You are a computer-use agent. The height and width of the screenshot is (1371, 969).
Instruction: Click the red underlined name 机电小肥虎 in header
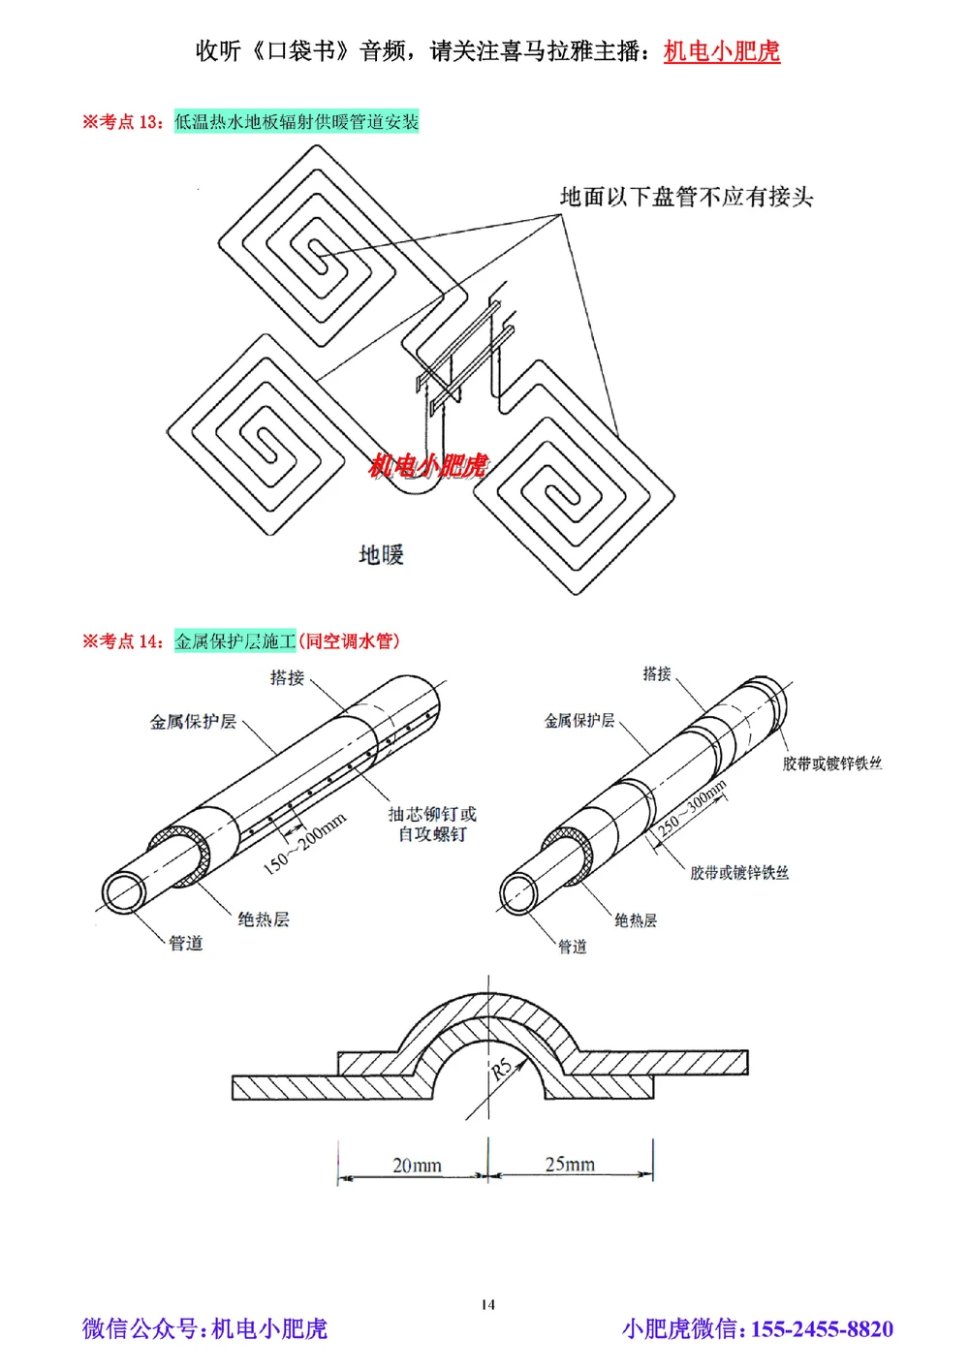coord(721,51)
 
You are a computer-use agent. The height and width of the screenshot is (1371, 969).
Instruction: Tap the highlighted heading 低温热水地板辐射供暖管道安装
coord(297,122)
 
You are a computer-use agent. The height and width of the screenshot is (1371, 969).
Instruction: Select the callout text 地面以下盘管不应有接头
coord(686,198)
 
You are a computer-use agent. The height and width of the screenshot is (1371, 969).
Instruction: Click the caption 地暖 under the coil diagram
coord(381,555)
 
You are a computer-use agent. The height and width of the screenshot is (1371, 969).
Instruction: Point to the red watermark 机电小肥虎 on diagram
coord(427,466)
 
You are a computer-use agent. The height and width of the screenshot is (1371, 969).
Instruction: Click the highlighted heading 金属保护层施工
coord(234,641)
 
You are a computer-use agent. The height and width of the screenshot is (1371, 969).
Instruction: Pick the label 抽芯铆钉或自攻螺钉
coord(432,824)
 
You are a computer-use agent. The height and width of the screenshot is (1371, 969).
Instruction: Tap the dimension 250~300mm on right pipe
coord(692,808)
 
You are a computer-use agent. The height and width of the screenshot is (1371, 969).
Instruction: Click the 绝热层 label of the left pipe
coord(264,919)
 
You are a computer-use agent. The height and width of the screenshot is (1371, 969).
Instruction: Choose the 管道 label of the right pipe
coord(572,947)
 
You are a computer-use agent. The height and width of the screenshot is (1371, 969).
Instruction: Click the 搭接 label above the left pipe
coord(287,678)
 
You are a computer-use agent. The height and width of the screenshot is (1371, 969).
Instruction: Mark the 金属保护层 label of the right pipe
coord(578,721)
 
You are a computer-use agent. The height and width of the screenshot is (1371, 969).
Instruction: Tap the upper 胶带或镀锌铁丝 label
coord(832,763)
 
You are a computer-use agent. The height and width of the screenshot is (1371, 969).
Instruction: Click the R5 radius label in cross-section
coord(501,1070)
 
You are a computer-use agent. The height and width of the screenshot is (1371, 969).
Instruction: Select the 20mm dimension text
coord(417,1165)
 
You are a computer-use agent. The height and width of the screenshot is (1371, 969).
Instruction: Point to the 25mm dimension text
coord(570,1164)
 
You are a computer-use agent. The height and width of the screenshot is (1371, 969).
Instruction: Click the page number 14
coord(487,1304)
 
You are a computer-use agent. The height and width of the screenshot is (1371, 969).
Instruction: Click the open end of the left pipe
coord(124,892)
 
